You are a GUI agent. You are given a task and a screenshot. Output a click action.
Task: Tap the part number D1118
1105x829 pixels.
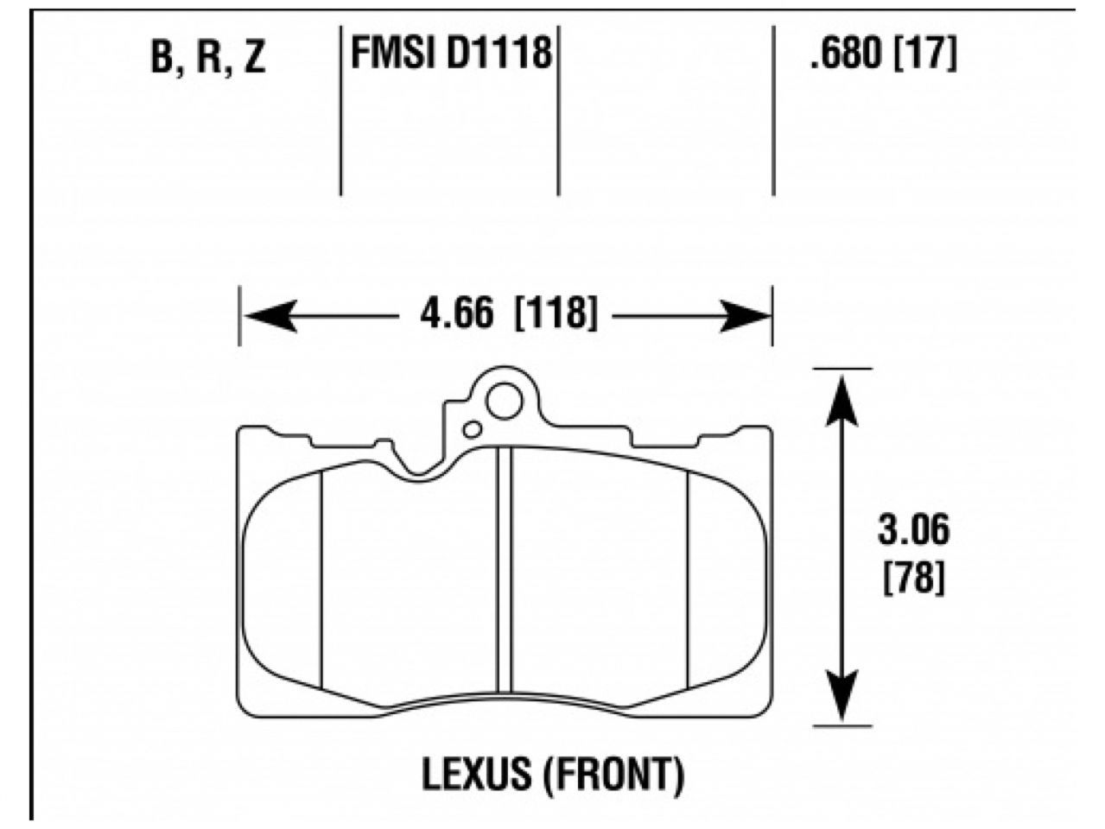pos(499,54)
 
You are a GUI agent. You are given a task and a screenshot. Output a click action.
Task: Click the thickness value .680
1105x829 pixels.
pos(846,55)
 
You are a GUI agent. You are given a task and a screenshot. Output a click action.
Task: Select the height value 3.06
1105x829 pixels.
pos(913,530)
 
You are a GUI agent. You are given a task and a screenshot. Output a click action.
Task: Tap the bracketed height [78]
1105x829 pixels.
pos(913,577)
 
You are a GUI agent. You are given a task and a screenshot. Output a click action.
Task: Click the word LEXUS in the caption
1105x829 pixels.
pos(475,775)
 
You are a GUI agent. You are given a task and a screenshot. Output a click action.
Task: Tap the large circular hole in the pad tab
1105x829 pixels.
pos(504,401)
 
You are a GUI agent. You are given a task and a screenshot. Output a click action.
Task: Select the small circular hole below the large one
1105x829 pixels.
pos(473,429)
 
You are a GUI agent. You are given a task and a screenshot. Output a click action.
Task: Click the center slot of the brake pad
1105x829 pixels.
pos(505,570)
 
